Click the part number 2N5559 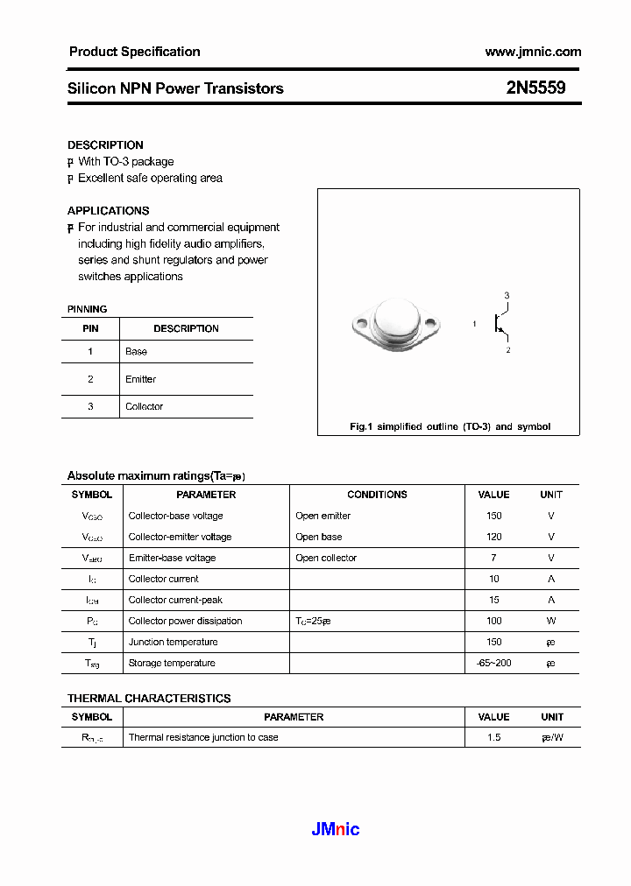pos(535,88)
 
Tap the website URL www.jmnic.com pos(532,52)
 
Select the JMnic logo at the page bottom pos(336,829)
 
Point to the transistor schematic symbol pos(500,323)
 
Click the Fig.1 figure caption pos(450,426)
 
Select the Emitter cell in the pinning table pos(141,379)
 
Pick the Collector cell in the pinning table pos(145,406)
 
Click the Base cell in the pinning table pos(137,351)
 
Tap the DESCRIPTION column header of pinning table pos(186,328)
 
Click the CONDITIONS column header pos(377,495)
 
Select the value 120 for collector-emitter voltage pos(493,537)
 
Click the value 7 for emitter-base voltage pos(493,558)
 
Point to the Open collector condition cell pos(326,558)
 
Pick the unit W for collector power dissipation pos(551,621)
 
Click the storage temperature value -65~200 pos(493,663)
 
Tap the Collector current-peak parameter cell pos(175,600)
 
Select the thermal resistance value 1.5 pos(493,737)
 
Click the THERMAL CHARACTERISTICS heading pos(149,698)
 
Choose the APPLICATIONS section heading pos(109,210)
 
